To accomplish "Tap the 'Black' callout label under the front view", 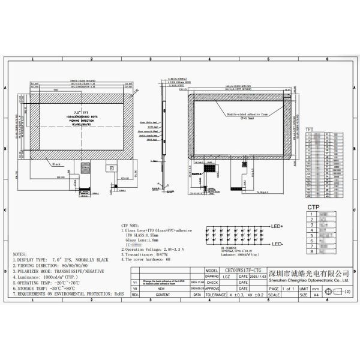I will pyautogui.click(x=56, y=163).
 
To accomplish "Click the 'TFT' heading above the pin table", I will pyautogui.click(x=310, y=129).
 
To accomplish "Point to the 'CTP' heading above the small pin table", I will pyautogui.click(x=313, y=206).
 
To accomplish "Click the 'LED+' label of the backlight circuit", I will pyautogui.click(x=278, y=227).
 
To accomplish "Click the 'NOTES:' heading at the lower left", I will pyautogui.click(x=21, y=254).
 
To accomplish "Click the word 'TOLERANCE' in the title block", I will pyautogui.click(x=218, y=295).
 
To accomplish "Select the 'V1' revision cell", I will pyautogui.click(x=136, y=280).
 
